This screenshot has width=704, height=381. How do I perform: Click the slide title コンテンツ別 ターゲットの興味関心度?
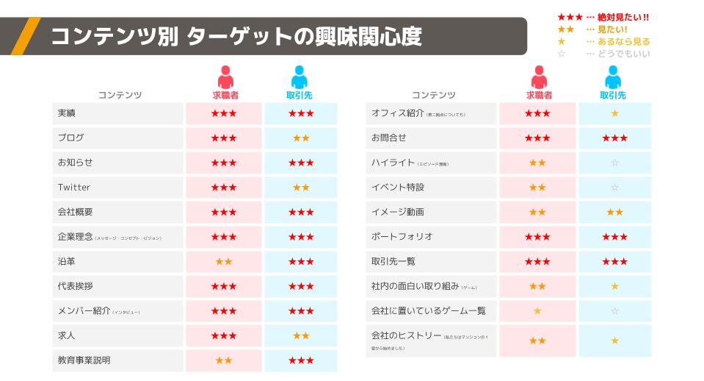[236, 36]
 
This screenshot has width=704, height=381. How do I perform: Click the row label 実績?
[67, 113]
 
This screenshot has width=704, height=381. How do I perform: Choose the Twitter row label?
[74, 188]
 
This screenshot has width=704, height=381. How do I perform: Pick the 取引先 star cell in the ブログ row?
[301, 138]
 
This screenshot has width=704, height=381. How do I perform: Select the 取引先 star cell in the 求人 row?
[301, 336]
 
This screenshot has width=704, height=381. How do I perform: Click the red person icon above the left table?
[225, 77]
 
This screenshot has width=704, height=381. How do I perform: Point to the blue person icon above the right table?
[613, 77]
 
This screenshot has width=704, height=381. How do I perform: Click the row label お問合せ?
[389, 138]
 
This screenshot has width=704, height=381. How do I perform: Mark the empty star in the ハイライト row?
[614, 163]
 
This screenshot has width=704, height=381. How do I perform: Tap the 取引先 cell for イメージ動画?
[614, 212]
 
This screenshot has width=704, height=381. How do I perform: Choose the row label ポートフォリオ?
[402, 237]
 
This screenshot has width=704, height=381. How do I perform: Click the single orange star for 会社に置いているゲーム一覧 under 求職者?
[537, 311]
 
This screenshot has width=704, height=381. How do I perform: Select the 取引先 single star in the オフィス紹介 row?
[614, 113]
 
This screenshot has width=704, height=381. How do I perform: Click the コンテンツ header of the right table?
[433, 96]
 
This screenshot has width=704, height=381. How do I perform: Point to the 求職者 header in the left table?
[225, 96]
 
